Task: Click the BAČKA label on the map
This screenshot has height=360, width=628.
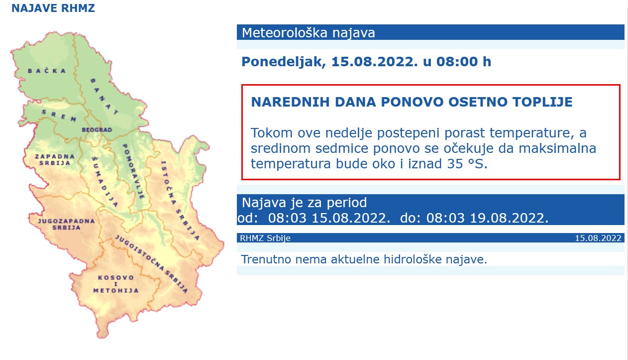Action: [x=47, y=71]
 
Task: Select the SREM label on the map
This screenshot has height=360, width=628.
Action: [x=59, y=115]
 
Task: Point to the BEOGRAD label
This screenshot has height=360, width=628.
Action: [x=97, y=130]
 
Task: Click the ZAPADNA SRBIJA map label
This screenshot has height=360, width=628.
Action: [x=55, y=160]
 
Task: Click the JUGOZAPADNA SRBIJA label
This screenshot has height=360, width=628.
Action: [x=66, y=224]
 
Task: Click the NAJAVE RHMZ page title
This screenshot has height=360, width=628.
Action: [x=53, y=8]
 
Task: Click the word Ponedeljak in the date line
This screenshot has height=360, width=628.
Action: [x=282, y=62]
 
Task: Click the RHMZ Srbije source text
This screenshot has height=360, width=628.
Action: [x=265, y=238]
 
